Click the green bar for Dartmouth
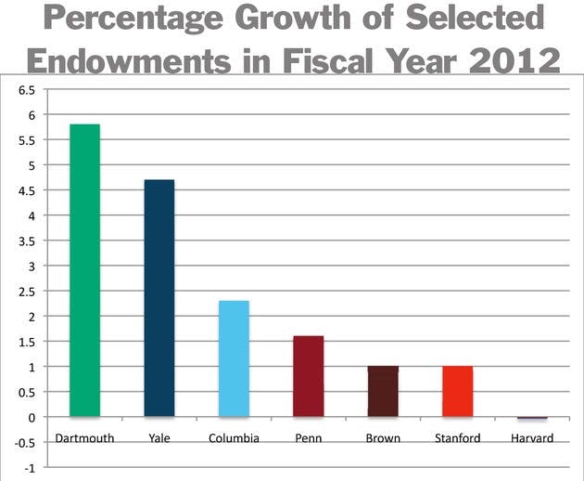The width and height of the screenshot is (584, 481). point(84,270)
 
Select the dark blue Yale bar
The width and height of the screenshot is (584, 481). point(159,298)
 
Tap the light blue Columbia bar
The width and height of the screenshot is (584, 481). point(234,358)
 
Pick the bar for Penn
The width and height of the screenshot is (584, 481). point(308,376)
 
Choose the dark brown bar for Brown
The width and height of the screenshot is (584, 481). point(383,391)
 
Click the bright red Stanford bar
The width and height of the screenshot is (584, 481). point(457,391)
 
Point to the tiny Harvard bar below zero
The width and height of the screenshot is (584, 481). point(531,419)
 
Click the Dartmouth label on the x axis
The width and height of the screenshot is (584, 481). point(84,437)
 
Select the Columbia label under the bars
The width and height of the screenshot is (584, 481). point(234,437)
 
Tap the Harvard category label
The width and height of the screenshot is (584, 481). point(531,437)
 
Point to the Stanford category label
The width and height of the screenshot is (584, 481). point(457,437)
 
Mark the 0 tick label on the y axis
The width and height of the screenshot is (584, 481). point(31,417)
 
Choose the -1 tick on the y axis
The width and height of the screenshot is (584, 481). point(29,467)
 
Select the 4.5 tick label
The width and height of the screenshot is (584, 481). point(25,191)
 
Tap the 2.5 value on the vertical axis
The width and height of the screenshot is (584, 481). point(25,292)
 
